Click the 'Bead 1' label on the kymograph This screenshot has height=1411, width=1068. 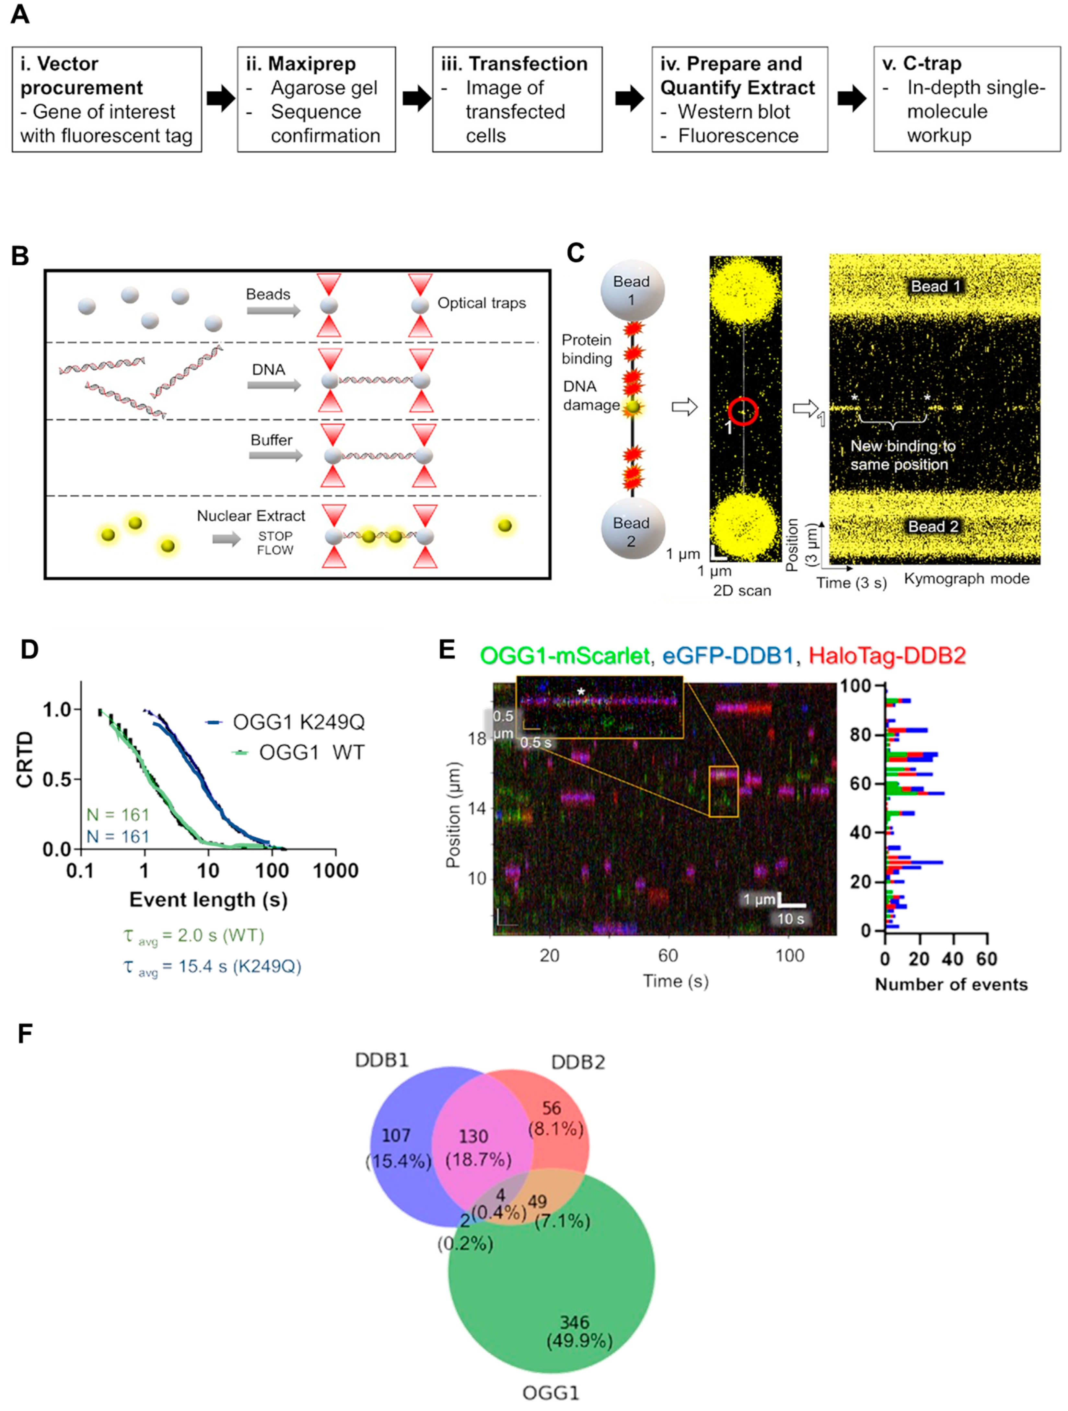point(935,286)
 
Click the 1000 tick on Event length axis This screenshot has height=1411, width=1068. point(335,871)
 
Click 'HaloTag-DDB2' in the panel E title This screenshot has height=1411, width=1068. point(887,655)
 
